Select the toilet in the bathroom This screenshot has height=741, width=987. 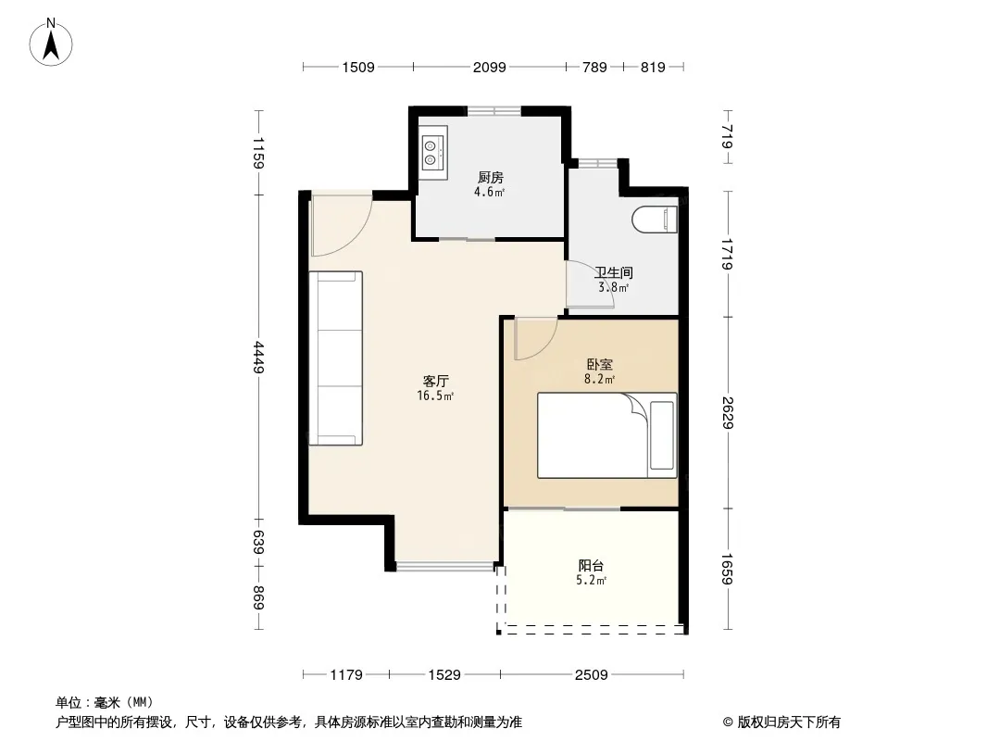pyautogui.click(x=655, y=220)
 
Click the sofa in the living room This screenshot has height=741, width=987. pyautogui.click(x=335, y=358)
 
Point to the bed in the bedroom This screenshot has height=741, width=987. pyautogui.click(x=606, y=435)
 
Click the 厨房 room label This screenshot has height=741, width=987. pyautogui.click(x=491, y=178)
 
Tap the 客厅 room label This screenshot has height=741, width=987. pyautogui.click(x=435, y=382)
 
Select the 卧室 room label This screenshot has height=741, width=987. pyautogui.click(x=599, y=365)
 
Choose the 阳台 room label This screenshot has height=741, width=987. pyautogui.click(x=591, y=566)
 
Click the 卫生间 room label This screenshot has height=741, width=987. pyautogui.click(x=614, y=273)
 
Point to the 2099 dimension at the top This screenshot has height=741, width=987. pyautogui.click(x=489, y=67)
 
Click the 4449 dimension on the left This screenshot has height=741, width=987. pyautogui.click(x=258, y=357)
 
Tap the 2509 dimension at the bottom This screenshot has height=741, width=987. pyautogui.click(x=591, y=675)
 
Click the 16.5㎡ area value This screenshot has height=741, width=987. pyautogui.click(x=435, y=396)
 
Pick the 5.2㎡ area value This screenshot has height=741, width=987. pyautogui.click(x=591, y=581)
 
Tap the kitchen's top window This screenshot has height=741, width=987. pyautogui.click(x=494, y=111)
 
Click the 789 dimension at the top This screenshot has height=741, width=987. pyautogui.click(x=594, y=67)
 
